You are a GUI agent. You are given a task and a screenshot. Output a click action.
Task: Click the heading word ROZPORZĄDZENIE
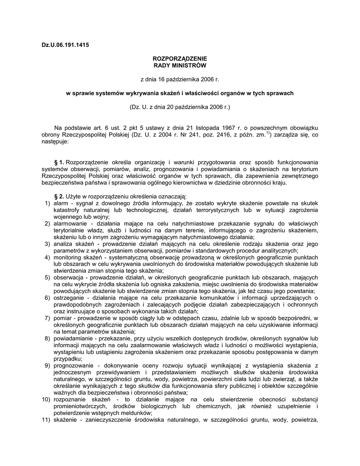pyautogui.click(x=180, y=59)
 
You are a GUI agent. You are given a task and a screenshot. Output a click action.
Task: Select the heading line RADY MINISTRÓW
pyautogui.click(x=180, y=66)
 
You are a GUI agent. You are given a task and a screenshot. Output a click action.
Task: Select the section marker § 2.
pyautogui.click(x=59, y=196)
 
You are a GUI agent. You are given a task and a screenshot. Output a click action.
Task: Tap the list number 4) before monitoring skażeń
pyautogui.click(x=47, y=257)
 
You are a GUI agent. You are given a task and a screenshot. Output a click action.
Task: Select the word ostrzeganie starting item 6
pyautogui.click(x=69, y=298)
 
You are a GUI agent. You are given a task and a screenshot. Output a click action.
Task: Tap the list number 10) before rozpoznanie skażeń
pyautogui.click(x=46, y=399)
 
